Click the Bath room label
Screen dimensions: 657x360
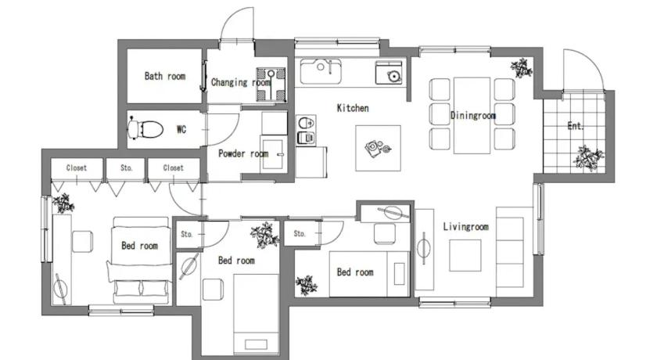click(x=165, y=76)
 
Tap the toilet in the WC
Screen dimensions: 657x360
click(x=145, y=128)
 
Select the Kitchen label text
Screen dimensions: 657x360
click(x=353, y=108)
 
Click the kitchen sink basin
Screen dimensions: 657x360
click(x=321, y=71)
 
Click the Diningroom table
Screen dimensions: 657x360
click(x=472, y=115)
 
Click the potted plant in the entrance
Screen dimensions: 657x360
click(x=589, y=158)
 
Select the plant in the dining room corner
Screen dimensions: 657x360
click(x=521, y=68)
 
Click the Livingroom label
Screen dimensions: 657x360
click(x=466, y=227)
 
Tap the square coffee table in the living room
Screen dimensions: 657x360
click(x=465, y=255)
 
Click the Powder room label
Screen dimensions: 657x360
click(x=243, y=153)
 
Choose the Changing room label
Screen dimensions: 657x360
click(x=241, y=82)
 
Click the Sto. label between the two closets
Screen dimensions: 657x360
click(x=126, y=167)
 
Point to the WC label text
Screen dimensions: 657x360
click(x=181, y=129)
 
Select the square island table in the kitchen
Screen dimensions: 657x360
click(x=378, y=148)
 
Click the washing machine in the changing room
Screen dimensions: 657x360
click(x=271, y=85)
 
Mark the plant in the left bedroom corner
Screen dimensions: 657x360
click(x=63, y=203)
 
